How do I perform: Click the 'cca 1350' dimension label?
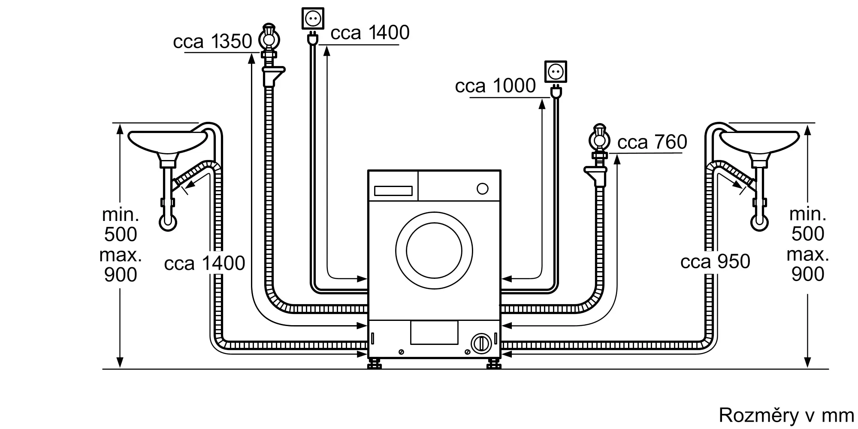tap(212, 42)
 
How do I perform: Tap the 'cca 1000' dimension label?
tap(495, 86)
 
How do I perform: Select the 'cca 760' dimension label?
tap(652, 142)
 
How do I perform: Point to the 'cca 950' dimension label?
tap(715, 262)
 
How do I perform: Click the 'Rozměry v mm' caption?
tap(786, 415)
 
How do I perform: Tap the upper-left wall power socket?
tap(313, 18)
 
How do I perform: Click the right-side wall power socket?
tap(556, 71)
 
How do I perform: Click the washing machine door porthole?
tap(434, 251)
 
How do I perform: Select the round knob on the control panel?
tap(483, 189)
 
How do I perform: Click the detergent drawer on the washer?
tap(393, 191)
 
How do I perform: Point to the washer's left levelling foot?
tap(375, 364)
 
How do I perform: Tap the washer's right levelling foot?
tap(493, 364)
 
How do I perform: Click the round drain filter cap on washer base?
tap(481, 344)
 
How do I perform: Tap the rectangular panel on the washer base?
tap(434, 332)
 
